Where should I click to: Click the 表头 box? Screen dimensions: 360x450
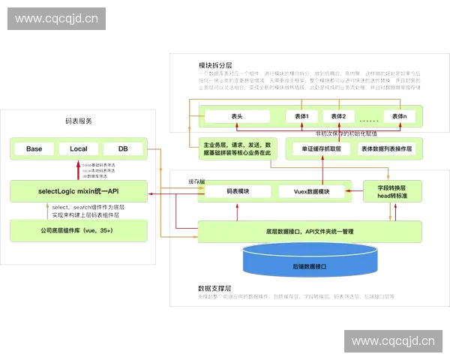pos(237,116)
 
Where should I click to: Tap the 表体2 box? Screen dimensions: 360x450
pos(338,116)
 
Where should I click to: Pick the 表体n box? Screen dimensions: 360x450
pos(398,116)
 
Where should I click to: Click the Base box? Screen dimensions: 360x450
pos(34,148)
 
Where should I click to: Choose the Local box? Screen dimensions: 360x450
pos(78,148)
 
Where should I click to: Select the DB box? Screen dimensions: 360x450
pos(123,148)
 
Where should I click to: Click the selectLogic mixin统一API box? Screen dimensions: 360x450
pos(78,192)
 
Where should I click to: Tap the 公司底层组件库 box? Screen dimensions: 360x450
pos(78,230)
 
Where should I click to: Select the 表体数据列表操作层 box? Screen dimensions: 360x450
pos(387,148)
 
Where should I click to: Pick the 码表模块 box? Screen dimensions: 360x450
pos(237,192)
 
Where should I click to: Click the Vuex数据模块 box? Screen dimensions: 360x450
pos(314,192)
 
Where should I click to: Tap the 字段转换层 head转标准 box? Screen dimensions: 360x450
pos(392,191)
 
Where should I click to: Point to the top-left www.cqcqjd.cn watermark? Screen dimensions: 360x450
pos(56,18)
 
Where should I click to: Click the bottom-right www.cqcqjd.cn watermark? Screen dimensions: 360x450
pos(393,341)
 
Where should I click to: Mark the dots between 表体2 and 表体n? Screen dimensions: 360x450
pos(368,118)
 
